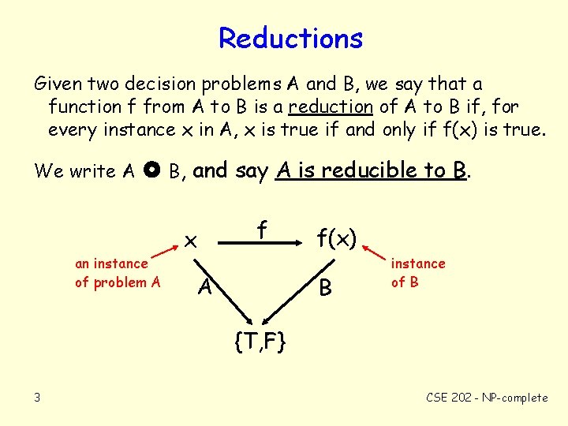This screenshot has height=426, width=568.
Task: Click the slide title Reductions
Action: click(290, 38)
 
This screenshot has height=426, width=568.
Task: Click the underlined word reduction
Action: click(331, 106)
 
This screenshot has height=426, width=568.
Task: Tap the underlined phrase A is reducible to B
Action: click(370, 170)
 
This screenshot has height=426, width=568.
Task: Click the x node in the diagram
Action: click(190, 239)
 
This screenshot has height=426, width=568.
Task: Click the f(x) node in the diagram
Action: click(337, 237)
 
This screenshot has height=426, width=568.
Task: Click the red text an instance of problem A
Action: click(117, 273)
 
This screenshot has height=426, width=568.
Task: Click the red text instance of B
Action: click(417, 272)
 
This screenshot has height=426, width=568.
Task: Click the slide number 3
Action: click(36, 397)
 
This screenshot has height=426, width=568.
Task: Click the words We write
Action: click(75, 170)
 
